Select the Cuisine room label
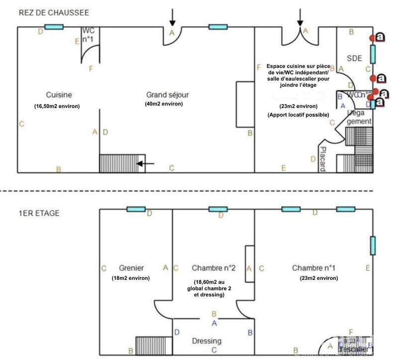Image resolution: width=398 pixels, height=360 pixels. click(59, 95)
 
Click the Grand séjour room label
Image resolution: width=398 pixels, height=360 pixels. click(168, 95)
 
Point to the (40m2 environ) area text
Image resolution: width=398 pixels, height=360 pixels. click(164, 104)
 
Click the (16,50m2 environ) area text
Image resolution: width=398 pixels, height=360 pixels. click(57, 107)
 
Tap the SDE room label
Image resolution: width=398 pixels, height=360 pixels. click(354, 58)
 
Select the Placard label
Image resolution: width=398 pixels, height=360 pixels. click(322, 159)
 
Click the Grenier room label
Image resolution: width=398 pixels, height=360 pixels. click(131, 268)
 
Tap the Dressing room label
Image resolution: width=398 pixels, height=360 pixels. click(206, 341)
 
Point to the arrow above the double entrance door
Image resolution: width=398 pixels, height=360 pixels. click(300, 17)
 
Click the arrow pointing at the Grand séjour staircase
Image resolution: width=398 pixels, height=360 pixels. click(146, 163)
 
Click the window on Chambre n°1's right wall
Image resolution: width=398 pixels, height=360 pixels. click(373, 246)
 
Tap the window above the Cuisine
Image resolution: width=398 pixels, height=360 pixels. click(53, 27)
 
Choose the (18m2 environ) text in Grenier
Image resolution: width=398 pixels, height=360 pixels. click(131, 278)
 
